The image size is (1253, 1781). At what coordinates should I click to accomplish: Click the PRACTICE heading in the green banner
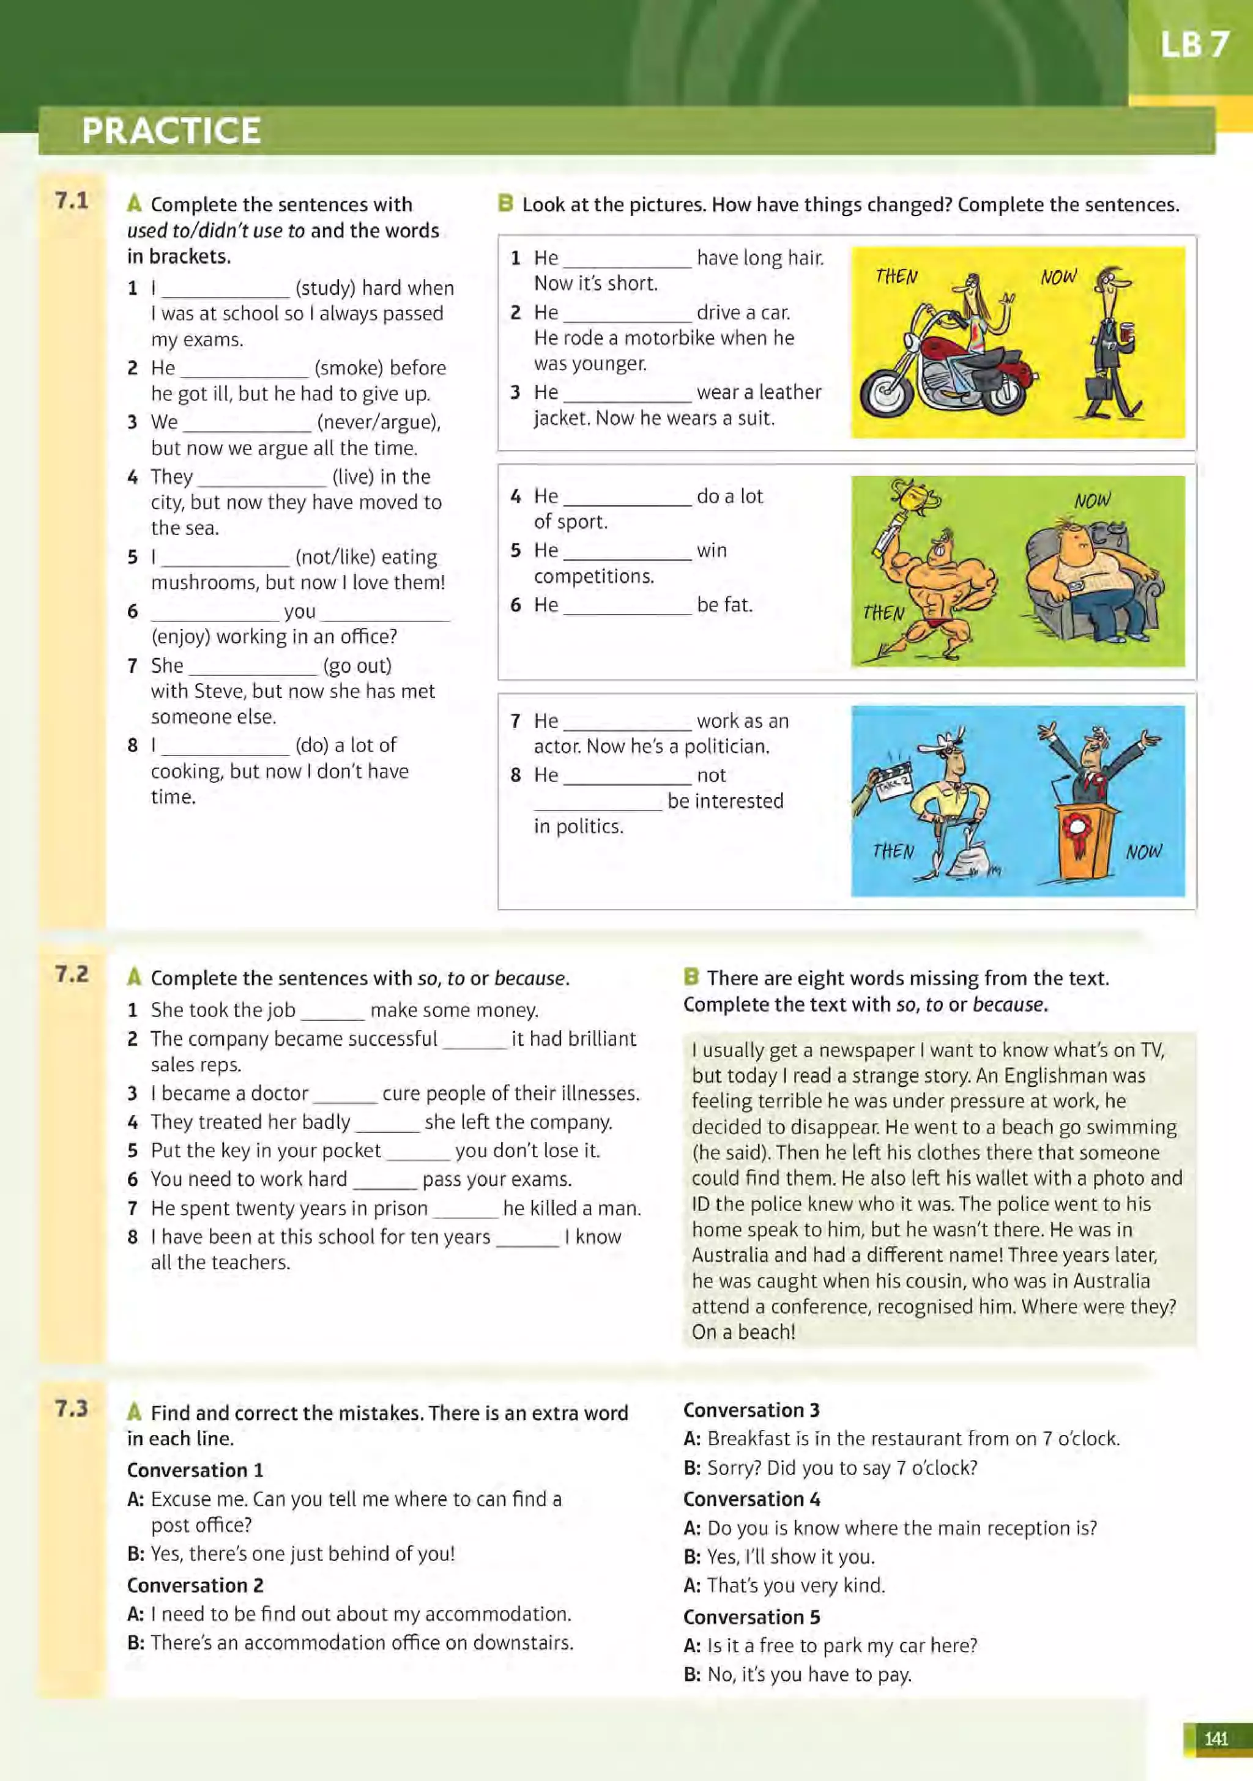coord(171,130)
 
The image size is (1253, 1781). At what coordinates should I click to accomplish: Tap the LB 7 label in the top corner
coord(1194,45)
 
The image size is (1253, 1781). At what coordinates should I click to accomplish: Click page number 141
coord(1216,1738)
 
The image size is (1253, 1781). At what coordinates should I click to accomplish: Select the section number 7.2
coord(72,974)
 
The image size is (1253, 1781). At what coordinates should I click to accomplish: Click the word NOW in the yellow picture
coord(1058,277)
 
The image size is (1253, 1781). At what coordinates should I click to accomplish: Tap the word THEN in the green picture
coord(883,613)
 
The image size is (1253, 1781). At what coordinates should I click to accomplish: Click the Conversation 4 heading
coord(751,1498)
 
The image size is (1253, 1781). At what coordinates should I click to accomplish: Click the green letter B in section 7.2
coord(691,977)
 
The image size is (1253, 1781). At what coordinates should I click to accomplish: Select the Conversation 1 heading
coord(195,1470)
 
